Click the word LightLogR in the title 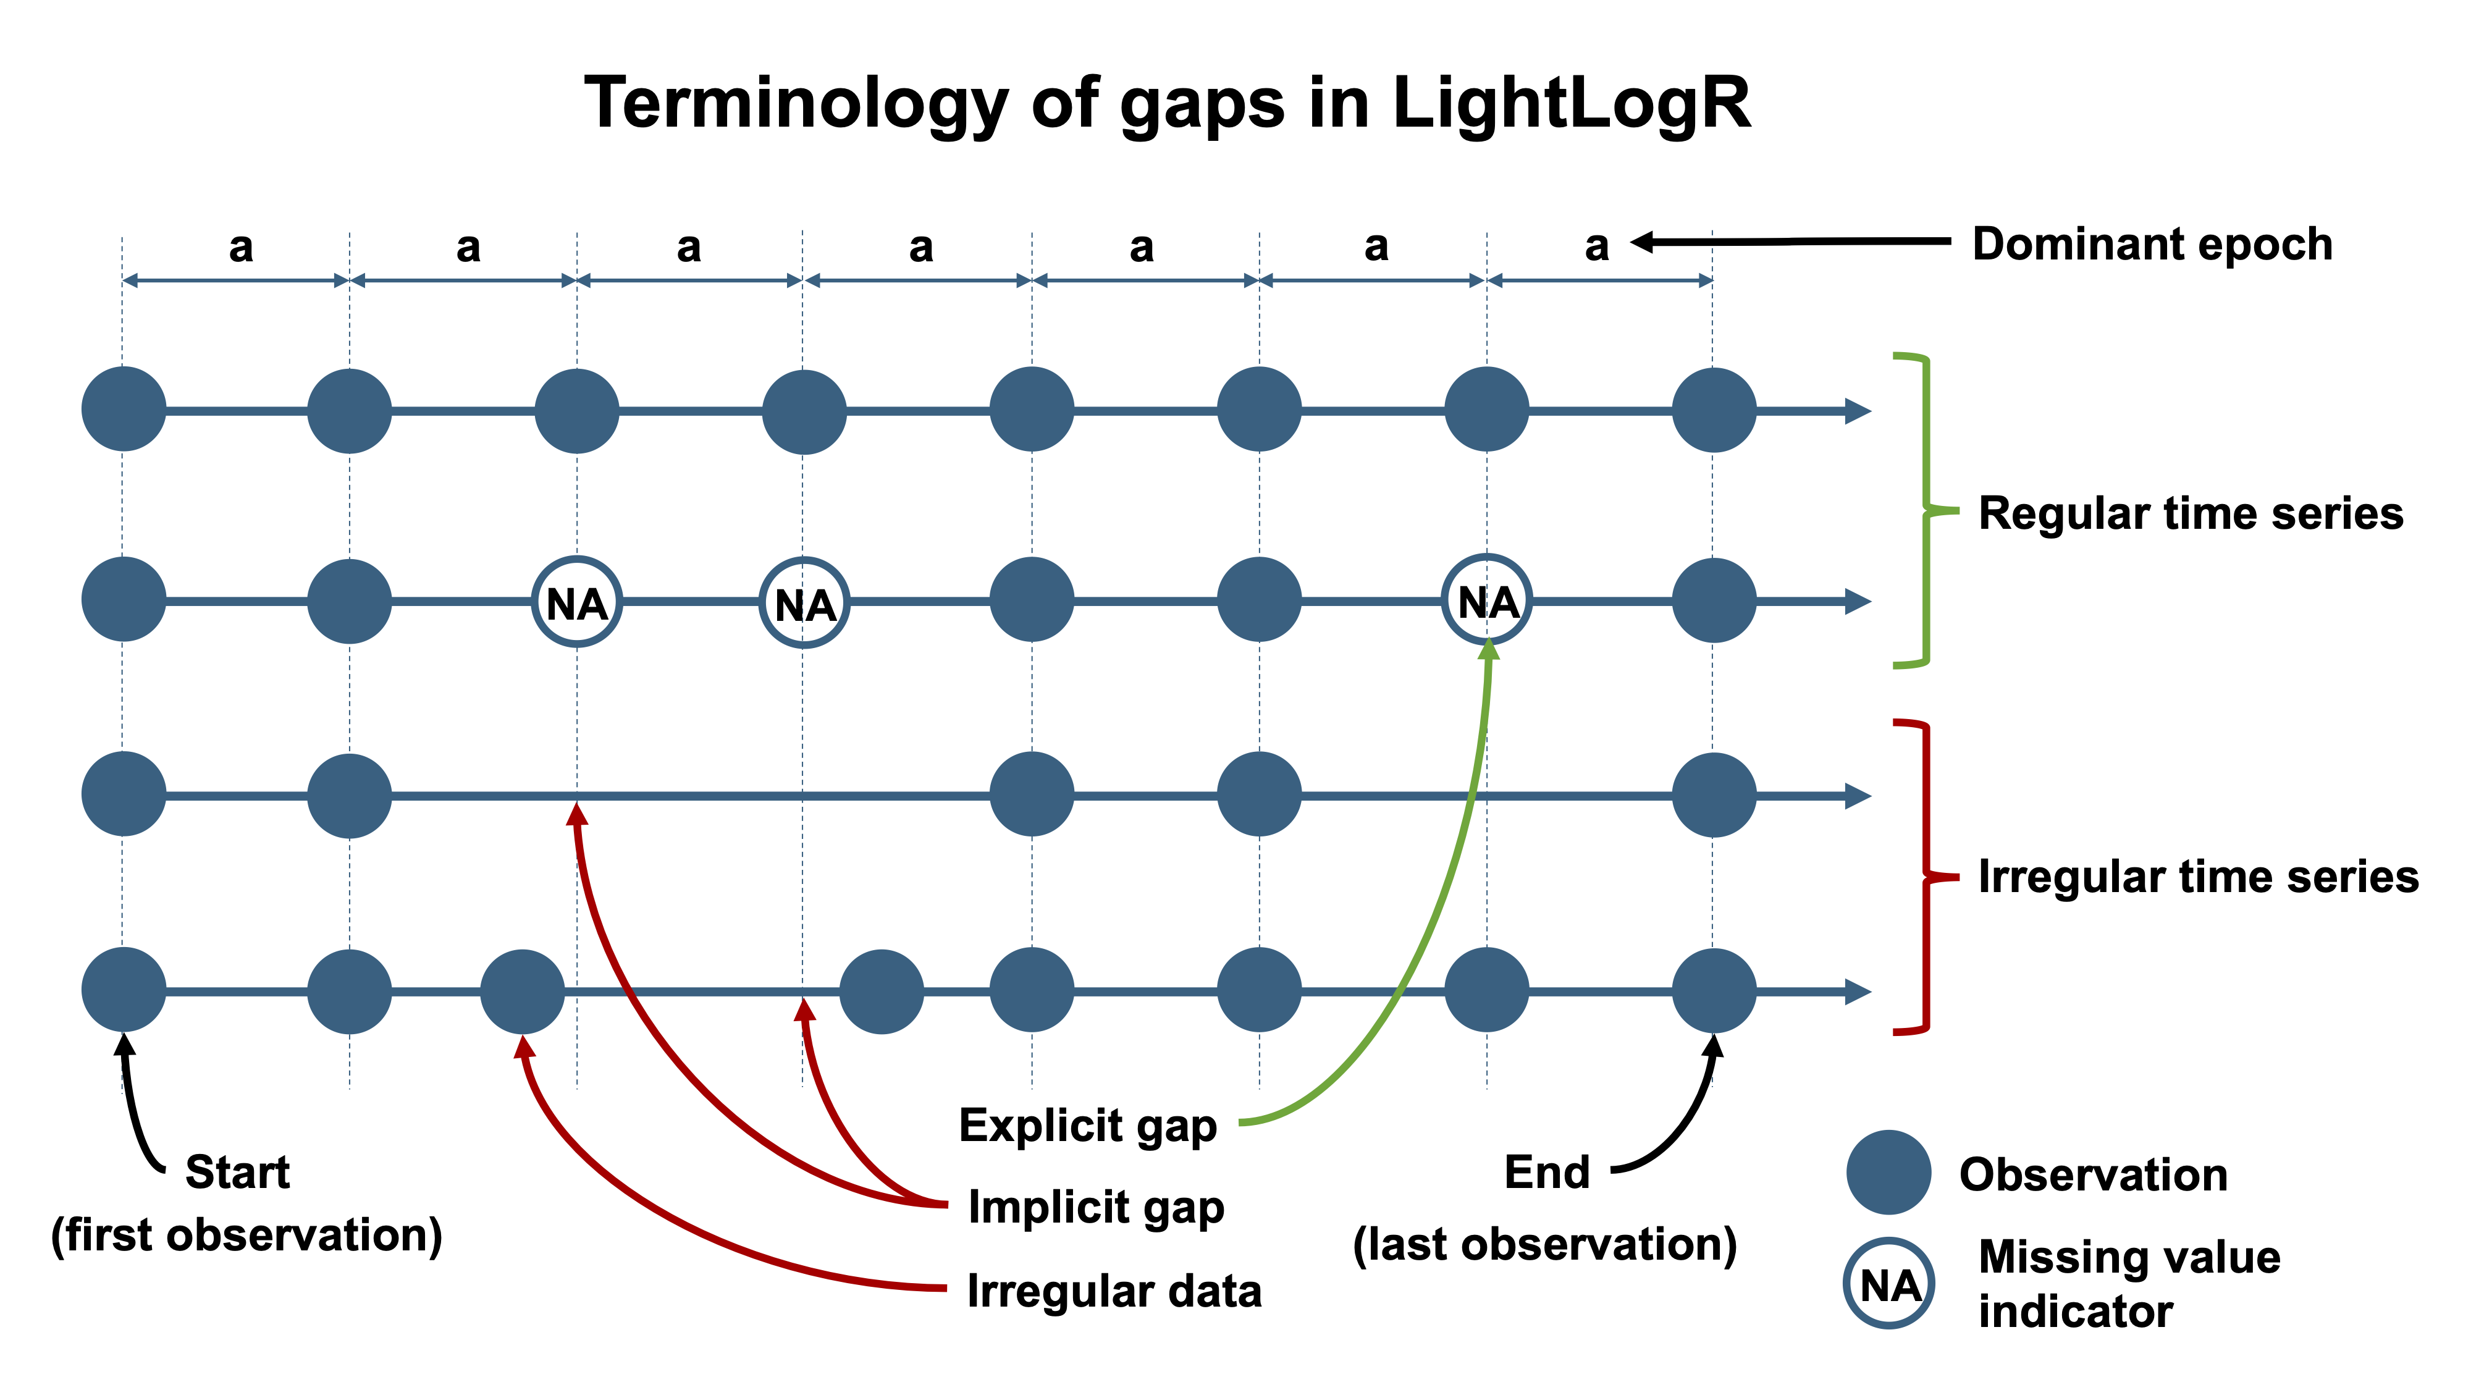(x=1570, y=104)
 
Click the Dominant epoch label (x=2152, y=245)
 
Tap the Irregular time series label (x=2197, y=877)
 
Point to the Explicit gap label (x=1088, y=1125)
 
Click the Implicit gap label (x=1095, y=1207)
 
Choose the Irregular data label (x=1114, y=1291)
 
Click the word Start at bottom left (x=237, y=1173)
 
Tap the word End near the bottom (x=1546, y=1173)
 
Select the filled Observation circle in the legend (x=1888, y=1173)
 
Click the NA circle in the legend (x=1888, y=1284)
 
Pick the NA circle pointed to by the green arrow (x=1487, y=602)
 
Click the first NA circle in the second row (x=576, y=602)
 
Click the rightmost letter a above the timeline (x=1596, y=246)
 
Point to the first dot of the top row (x=124, y=410)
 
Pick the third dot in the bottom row (x=522, y=991)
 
